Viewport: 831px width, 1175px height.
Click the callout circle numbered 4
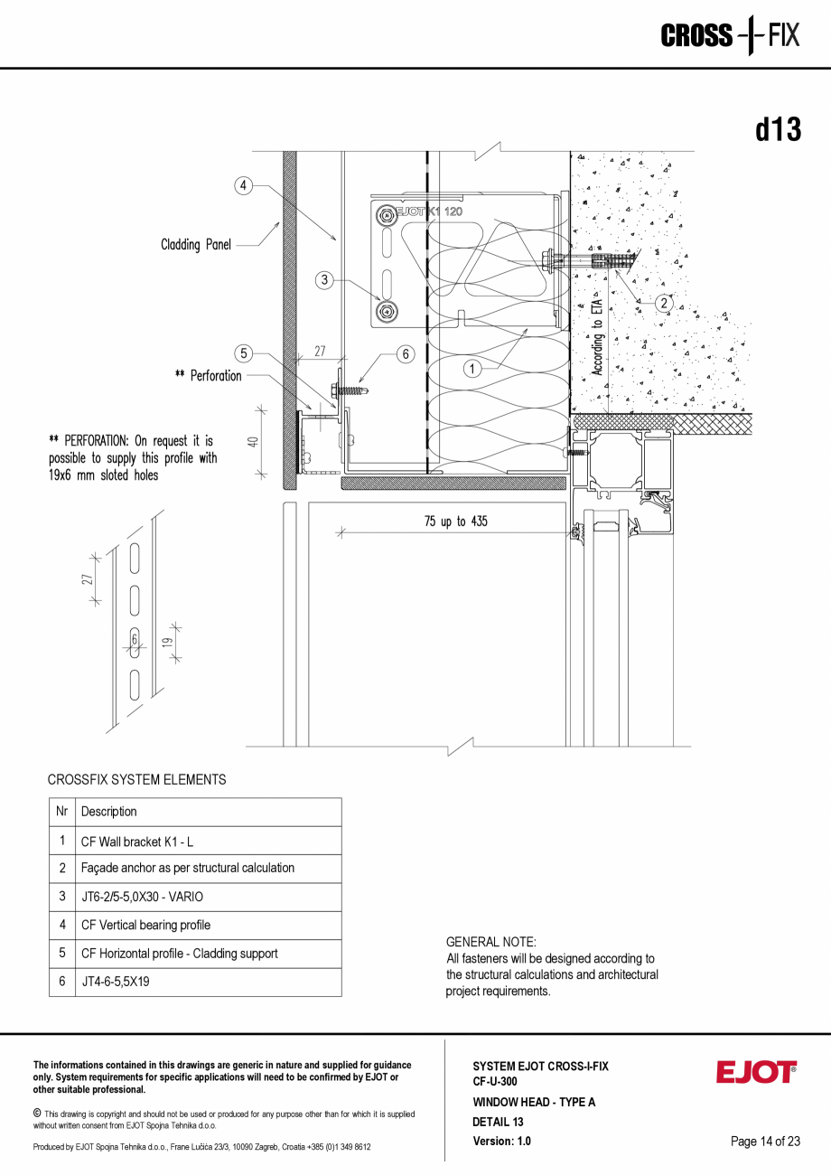[243, 186]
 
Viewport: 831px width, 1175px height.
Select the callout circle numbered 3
[325, 280]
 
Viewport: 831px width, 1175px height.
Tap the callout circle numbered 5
[243, 353]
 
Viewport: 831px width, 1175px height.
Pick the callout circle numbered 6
[406, 354]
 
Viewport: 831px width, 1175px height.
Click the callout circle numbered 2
[663, 303]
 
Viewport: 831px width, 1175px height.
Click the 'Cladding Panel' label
[196, 244]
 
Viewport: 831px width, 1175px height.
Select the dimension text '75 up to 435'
[455, 522]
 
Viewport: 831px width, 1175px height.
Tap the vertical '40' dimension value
[254, 442]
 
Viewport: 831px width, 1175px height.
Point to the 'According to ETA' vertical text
[597, 334]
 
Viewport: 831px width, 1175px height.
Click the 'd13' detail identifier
[778, 130]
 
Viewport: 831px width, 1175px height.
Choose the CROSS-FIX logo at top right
[730, 36]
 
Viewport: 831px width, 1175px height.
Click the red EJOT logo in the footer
[756, 1072]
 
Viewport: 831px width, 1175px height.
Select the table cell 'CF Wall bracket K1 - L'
[137, 841]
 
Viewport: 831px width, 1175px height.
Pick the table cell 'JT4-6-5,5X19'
[115, 982]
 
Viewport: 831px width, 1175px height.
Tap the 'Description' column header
[109, 812]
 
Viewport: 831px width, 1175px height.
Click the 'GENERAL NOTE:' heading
[490, 942]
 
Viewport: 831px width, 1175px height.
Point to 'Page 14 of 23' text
[765, 1141]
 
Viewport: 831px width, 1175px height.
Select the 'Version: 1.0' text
[501, 1141]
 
